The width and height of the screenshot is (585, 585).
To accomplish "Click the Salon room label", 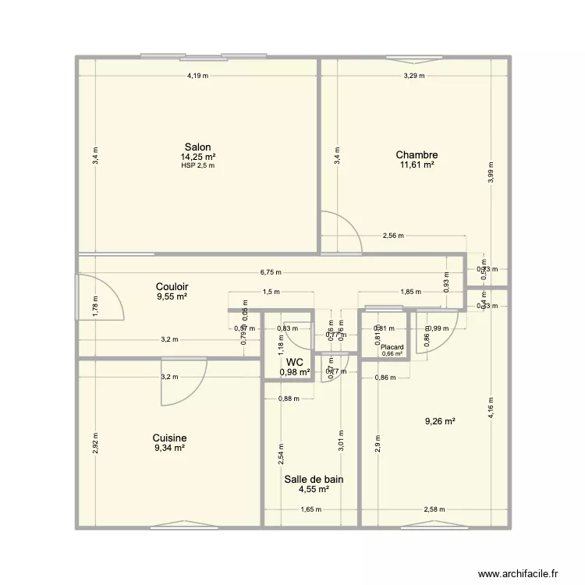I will (x=197, y=147).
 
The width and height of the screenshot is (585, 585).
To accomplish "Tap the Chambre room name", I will (x=417, y=154).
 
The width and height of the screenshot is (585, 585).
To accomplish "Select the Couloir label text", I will (x=172, y=286).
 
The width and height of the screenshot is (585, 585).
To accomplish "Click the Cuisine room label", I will (x=169, y=438).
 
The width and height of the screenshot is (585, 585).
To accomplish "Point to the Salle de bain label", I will (x=314, y=480).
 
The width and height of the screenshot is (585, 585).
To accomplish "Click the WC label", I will (x=294, y=363).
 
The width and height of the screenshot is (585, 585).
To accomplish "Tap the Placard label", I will (x=392, y=347).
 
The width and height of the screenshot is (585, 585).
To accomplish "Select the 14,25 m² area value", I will (x=197, y=157).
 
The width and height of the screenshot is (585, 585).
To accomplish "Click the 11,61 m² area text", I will (x=417, y=165).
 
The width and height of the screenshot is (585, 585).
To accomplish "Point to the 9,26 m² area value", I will (x=440, y=422).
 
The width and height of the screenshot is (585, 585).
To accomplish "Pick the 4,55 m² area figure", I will (x=314, y=490).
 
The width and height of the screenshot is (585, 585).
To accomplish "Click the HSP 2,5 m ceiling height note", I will (x=197, y=165).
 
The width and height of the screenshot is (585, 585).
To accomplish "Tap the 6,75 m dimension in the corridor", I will (x=271, y=272).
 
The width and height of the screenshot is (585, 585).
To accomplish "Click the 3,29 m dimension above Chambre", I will (x=415, y=76).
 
